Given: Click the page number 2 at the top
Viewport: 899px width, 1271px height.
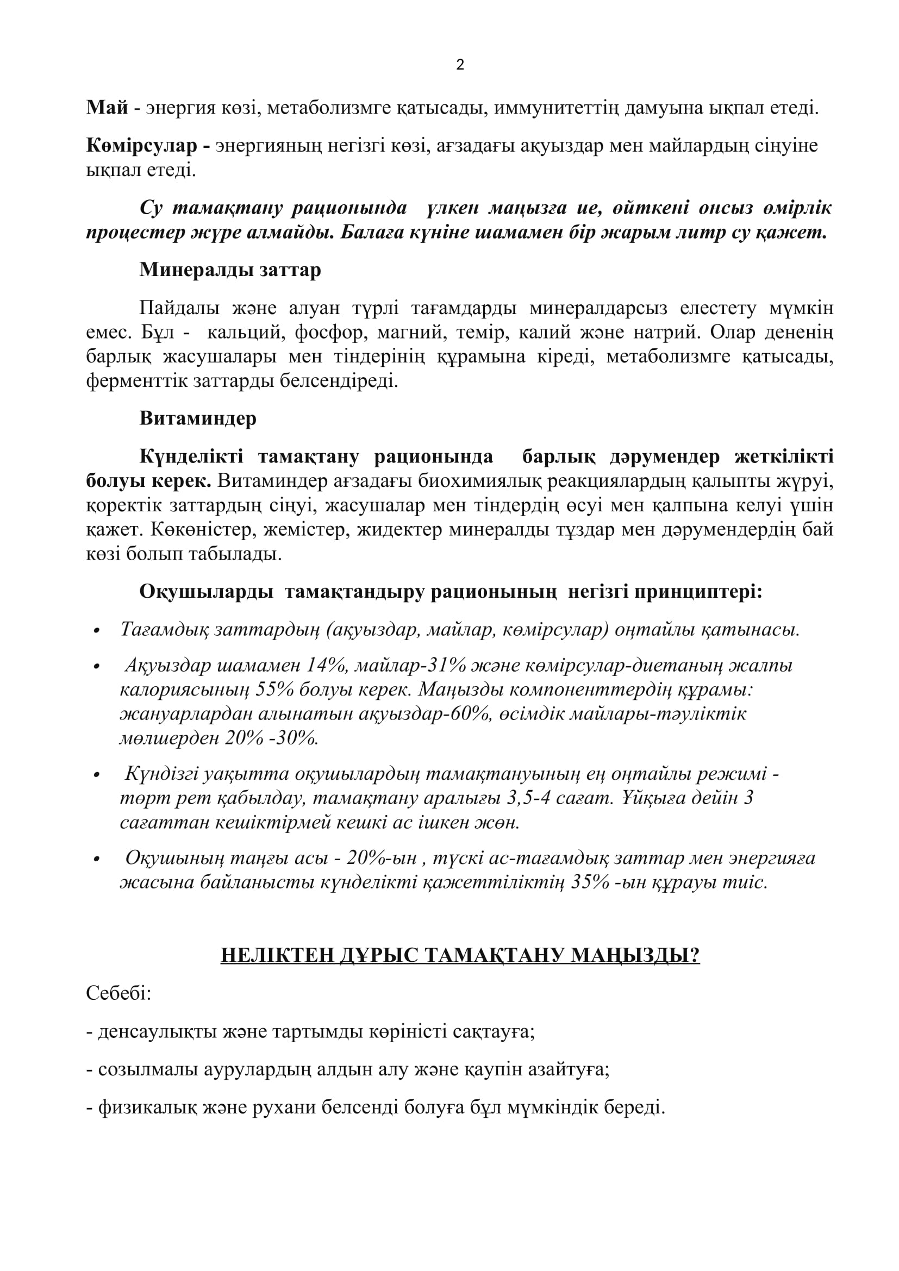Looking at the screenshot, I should (x=460, y=65).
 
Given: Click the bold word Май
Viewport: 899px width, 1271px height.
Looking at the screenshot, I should (x=107, y=108).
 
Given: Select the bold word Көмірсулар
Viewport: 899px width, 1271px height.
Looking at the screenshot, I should (x=142, y=146).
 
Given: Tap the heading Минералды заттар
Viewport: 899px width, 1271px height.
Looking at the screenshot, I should (x=230, y=270).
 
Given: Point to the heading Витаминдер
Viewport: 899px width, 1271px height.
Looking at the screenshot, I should (x=198, y=418).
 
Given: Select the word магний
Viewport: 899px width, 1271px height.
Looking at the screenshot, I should (x=408, y=332).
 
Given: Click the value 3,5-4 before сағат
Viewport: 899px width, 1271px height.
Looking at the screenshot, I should (x=534, y=798).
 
